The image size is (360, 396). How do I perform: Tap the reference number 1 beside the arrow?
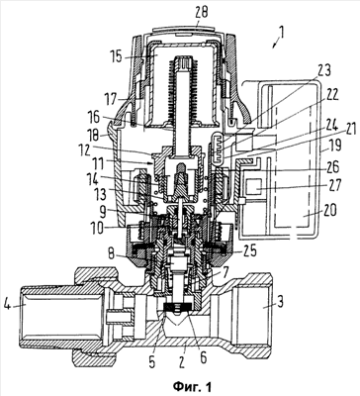pyautogui.click(x=281, y=33)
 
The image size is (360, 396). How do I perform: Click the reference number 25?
pyautogui.click(x=248, y=252)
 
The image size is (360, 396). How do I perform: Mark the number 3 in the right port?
pyautogui.click(x=279, y=303)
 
